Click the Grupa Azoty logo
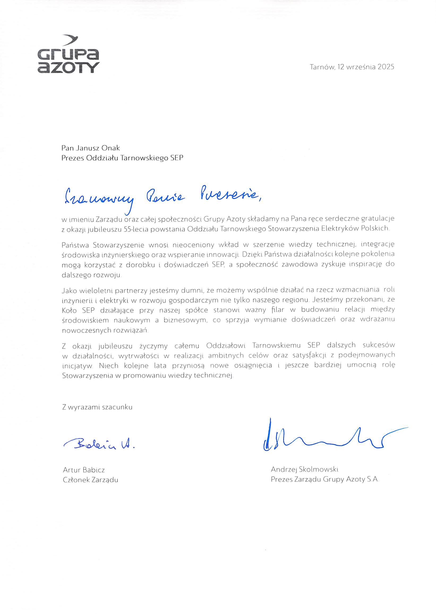[x=68, y=54]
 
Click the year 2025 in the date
[x=386, y=67]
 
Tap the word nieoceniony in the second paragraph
[x=193, y=245]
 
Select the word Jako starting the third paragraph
[x=69, y=290]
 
